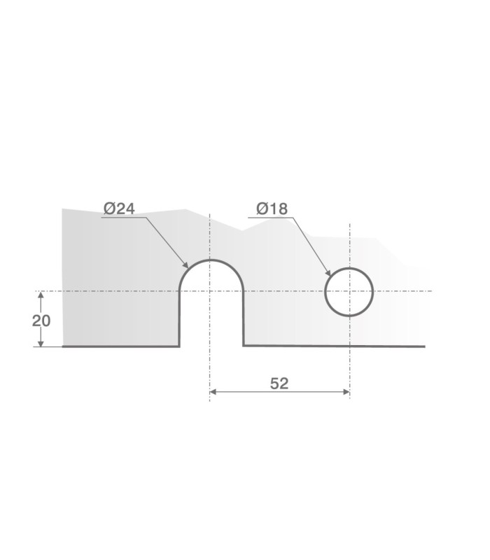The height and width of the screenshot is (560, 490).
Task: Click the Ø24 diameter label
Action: [119, 209]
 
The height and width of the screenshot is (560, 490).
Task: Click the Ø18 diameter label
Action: [272, 209]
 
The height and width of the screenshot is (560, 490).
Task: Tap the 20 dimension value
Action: [41, 321]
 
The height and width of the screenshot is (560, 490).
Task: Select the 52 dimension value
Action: [279, 383]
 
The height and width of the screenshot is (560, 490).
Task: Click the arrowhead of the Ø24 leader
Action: [185, 265]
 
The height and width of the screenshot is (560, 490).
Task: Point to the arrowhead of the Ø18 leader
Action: [328, 273]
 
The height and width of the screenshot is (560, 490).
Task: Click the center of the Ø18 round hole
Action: [349, 292]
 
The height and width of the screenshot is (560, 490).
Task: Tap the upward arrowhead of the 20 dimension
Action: [41, 295]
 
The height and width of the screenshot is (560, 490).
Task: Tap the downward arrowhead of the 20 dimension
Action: [41, 342]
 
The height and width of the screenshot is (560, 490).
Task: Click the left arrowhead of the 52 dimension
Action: [213, 392]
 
